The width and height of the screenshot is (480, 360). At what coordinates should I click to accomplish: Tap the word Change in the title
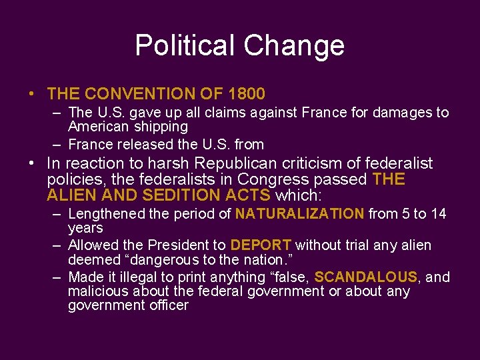click(294, 45)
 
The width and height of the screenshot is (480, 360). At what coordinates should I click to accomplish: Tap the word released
click(149, 144)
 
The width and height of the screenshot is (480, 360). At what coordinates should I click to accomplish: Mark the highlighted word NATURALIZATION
click(300, 214)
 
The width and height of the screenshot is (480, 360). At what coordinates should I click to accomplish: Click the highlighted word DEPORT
click(261, 245)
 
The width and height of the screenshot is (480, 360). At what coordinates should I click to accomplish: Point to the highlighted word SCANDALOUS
click(365, 277)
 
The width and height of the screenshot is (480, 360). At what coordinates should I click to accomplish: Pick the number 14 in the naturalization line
click(439, 214)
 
